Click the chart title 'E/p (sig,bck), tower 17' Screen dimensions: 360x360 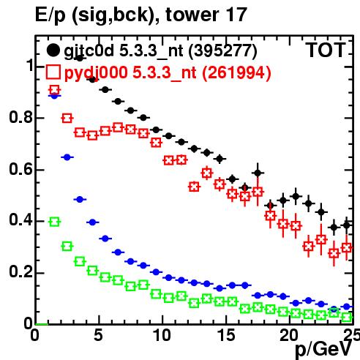click(141, 15)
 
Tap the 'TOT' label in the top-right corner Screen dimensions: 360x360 click(326, 50)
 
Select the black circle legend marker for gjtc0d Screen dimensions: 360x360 click(53, 50)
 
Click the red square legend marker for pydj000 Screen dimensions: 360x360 click(53, 72)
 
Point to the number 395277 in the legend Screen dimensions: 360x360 click(222, 51)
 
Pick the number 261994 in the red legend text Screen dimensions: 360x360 click(236, 72)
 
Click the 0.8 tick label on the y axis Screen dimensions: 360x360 click(20, 117)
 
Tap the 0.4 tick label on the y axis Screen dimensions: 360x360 click(20, 220)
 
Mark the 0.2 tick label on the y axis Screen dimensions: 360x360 click(20, 271)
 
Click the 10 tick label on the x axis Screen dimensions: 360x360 click(162, 335)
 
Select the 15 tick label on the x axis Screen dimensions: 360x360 click(226, 335)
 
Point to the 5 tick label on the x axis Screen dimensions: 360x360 click(98, 335)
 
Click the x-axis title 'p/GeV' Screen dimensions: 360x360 click(323, 349)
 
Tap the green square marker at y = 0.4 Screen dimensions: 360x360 click(54, 222)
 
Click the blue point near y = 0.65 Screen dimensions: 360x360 click(67, 157)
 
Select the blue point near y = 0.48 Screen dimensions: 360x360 click(80, 200)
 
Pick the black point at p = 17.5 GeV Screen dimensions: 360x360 click(258, 173)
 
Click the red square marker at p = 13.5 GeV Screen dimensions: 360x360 click(207, 173)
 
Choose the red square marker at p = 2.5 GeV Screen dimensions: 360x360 click(67, 119)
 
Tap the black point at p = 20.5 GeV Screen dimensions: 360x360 click(296, 196)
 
